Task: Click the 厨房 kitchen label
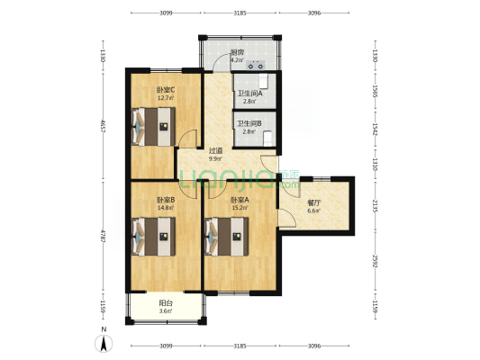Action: (x=237, y=52)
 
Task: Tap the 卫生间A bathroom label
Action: (x=249, y=93)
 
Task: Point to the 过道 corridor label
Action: (x=216, y=150)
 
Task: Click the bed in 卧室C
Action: (x=152, y=127)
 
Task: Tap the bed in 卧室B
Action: (x=152, y=238)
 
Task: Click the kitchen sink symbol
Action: (x=255, y=64)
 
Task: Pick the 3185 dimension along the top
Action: (x=240, y=13)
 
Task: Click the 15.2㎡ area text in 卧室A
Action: (x=240, y=207)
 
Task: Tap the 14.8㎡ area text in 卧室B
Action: (x=166, y=207)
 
